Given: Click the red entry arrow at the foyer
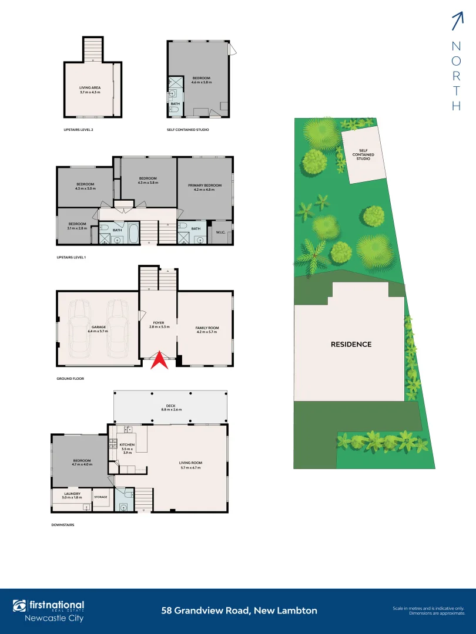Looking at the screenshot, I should click(159, 360).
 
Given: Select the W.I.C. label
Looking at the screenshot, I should click(221, 232).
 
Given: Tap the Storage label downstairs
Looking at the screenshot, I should click(100, 497).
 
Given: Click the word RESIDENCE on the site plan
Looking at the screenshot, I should click(350, 344).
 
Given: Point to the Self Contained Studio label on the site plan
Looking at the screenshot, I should click(363, 154).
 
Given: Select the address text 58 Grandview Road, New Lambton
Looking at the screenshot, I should click(239, 611).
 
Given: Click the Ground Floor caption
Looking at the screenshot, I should click(70, 379).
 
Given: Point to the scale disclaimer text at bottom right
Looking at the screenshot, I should click(428, 611).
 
